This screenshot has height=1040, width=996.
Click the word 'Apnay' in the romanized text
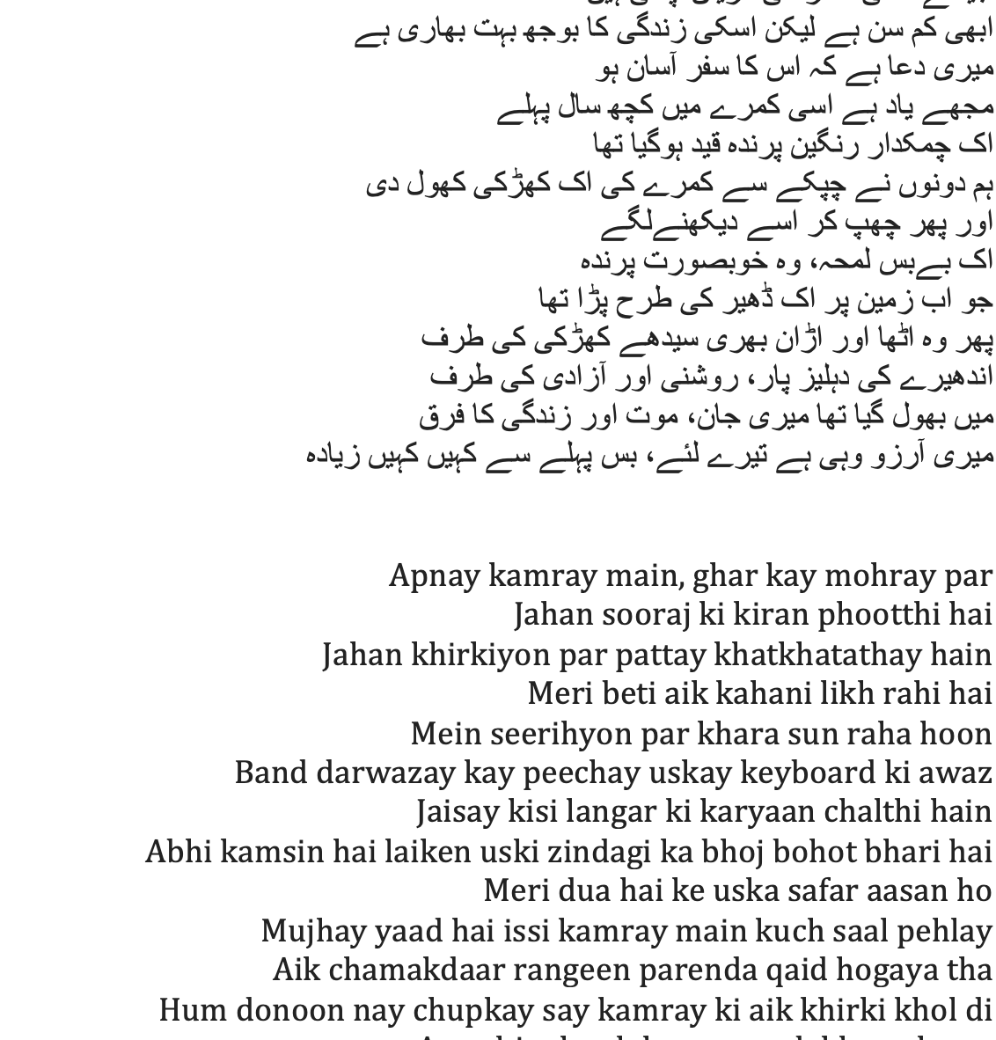click(434, 576)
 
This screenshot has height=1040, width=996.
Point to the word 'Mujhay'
click(308, 931)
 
